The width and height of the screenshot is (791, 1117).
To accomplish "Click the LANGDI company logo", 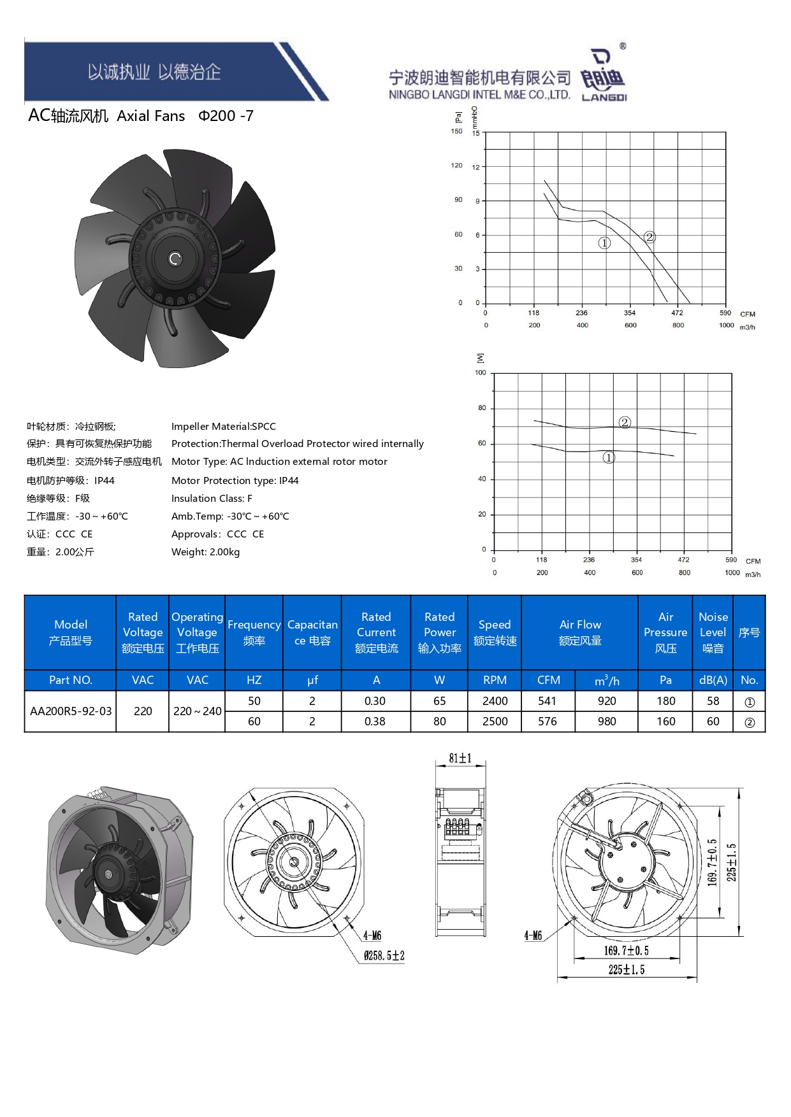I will [603, 75].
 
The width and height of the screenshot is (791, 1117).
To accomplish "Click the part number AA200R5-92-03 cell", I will [71, 711].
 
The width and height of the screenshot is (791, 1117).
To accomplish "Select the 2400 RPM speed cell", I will [495, 701].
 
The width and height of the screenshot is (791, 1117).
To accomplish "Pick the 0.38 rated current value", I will [375, 722].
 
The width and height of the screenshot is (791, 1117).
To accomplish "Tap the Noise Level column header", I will [713, 632].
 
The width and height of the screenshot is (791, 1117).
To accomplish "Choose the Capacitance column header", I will [312, 632].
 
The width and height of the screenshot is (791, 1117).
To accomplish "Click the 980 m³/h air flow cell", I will [606, 722].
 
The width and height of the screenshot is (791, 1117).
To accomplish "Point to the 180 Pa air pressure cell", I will [665, 701].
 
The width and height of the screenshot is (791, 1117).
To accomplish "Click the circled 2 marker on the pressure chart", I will [649, 237].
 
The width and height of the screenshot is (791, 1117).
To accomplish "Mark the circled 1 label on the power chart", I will [609, 457].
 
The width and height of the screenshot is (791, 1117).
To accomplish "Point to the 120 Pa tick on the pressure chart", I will [456, 166].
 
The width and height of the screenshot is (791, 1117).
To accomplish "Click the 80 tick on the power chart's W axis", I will [482, 408].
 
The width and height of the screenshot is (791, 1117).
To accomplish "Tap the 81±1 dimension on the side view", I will [460, 758].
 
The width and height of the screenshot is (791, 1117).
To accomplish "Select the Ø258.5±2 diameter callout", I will [384, 956].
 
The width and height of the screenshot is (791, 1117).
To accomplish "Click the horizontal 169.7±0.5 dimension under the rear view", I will [627, 951].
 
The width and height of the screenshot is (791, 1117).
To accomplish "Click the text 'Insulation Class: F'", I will [212, 499].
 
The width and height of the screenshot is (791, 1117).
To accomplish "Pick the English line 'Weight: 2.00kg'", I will [205, 552].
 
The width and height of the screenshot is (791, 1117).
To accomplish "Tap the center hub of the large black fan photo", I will [175, 259].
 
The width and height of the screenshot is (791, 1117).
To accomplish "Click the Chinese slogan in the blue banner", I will [154, 72].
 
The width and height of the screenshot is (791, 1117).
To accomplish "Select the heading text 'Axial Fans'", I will [151, 116].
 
